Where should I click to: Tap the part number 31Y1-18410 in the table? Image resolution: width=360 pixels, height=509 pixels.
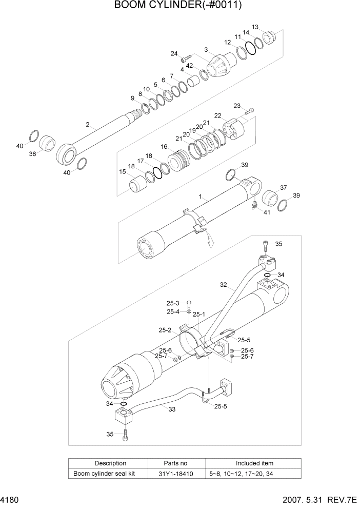(x=176, y=474)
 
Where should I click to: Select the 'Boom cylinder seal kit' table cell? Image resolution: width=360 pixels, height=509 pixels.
(x=104, y=474)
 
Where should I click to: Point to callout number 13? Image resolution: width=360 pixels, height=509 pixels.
(x=255, y=27)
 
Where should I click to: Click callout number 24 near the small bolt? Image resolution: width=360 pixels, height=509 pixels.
(x=174, y=54)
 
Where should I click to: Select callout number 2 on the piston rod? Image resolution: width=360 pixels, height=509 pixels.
(x=88, y=124)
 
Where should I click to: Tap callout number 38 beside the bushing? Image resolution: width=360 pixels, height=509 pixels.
(x=32, y=153)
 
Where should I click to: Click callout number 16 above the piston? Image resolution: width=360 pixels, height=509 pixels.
(x=164, y=147)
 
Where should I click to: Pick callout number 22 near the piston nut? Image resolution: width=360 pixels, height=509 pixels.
(x=217, y=115)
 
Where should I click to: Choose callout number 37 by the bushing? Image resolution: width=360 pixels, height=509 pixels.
(x=283, y=187)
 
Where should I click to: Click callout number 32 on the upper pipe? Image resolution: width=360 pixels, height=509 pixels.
(x=223, y=284)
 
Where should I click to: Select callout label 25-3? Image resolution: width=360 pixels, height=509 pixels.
(x=172, y=303)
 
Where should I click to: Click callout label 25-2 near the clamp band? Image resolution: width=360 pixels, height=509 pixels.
(x=165, y=330)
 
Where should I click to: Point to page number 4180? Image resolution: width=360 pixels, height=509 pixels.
(x=9, y=499)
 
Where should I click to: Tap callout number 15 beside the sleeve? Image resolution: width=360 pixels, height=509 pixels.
(x=123, y=172)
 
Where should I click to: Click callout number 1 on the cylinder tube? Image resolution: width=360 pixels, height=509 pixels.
(x=201, y=196)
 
